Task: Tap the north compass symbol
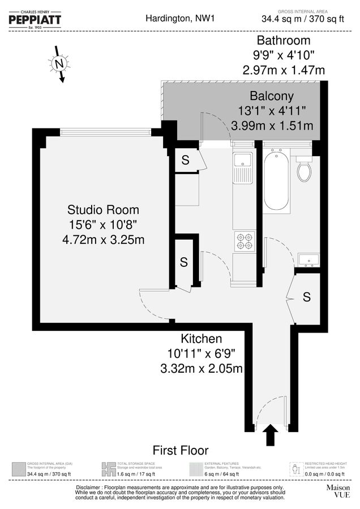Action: pyautogui.click(x=59, y=64)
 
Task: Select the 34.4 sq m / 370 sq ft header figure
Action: pyautogui.click(x=302, y=19)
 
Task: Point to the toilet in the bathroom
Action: pyautogui.click(x=304, y=168)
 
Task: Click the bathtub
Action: pyautogui.click(x=277, y=179)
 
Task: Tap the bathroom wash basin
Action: pyautogui.click(x=309, y=258)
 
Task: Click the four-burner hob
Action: pyautogui.click(x=245, y=241)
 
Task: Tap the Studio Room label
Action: pyautogui.click(x=103, y=210)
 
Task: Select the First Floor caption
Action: pyautogui.click(x=181, y=451)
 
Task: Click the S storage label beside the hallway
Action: pyautogui.click(x=306, y=297)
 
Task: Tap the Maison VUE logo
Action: pyautogui.click(x=338, y=490)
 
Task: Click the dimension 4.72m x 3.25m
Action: pyautogui.click(x=103, y=239)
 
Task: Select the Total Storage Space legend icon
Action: pyautogui.click(x=108, y=469)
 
